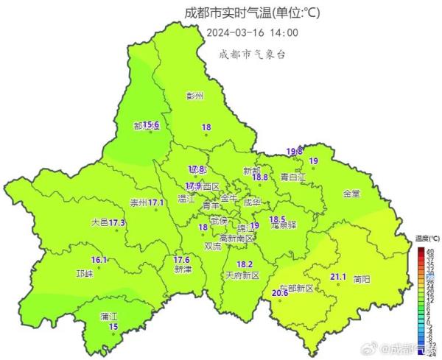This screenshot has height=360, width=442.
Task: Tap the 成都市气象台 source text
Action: [x=252, y=53]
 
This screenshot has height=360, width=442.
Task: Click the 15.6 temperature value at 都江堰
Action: [x=150, y=125]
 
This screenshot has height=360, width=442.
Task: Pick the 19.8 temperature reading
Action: [x=295, y=151]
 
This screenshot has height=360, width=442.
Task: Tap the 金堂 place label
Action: [x=351, y=194]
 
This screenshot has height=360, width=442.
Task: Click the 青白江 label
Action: [x=295, y=177]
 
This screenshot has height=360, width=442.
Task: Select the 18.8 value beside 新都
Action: [x=259, y=177]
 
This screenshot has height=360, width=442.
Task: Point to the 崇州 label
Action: [x=138, y=202]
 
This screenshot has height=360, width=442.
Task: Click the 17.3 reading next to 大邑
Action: [x=117, y=222]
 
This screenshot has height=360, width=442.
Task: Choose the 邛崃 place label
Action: [x=85, y=273]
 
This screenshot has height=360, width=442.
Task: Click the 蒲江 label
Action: [x=110, y=316]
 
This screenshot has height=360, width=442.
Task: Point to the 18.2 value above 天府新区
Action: [x=245, y=264]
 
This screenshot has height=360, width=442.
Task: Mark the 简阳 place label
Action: [x=362, y=279]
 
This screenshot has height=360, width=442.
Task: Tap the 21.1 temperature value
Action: [x=338, y=277]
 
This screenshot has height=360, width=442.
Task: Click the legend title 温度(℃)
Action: [x=427, y=239]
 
